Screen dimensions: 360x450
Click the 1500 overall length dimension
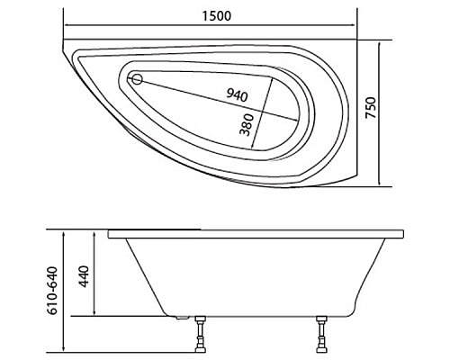click(212, 16)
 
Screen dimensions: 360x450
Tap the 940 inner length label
click(237, 94)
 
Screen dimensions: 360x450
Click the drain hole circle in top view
click(138, 79)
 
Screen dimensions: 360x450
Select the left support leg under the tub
click(200, 336)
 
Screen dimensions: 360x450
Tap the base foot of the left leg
click(200, 351)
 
